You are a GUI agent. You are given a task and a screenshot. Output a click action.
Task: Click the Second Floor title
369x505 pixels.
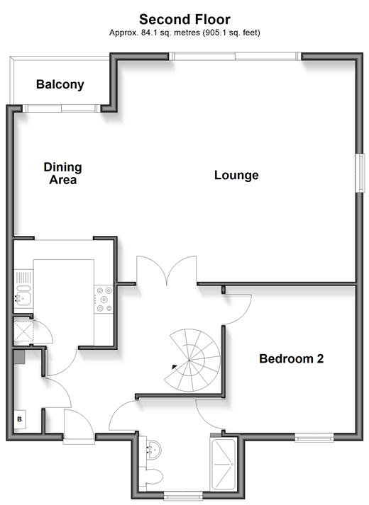[184, 19]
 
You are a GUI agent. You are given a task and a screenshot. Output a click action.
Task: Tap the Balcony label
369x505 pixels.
[60, 84]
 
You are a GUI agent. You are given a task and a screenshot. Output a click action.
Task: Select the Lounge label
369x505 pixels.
[236, 175]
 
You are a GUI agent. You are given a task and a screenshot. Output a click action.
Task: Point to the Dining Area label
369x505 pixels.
[63, 174]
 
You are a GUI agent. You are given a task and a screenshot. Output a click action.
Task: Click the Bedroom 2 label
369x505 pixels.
[291, 358]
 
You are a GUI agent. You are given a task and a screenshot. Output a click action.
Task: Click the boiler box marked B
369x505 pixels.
[20, 419]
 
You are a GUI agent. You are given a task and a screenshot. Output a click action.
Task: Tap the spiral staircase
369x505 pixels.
[192, 360]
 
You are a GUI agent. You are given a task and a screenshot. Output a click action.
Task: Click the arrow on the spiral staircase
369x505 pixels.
[175, 366]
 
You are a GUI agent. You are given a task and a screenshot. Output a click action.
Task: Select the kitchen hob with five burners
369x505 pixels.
[104, 300]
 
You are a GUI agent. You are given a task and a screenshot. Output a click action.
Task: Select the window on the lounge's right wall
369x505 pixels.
[360, 173]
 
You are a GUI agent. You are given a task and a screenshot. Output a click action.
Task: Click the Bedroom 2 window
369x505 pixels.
[314, 437]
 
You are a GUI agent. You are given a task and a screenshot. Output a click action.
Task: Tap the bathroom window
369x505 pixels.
[183, 495]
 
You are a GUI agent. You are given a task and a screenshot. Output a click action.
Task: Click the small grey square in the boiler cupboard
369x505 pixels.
[19, 357]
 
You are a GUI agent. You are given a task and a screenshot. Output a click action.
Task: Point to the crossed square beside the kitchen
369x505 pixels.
[23, 331]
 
